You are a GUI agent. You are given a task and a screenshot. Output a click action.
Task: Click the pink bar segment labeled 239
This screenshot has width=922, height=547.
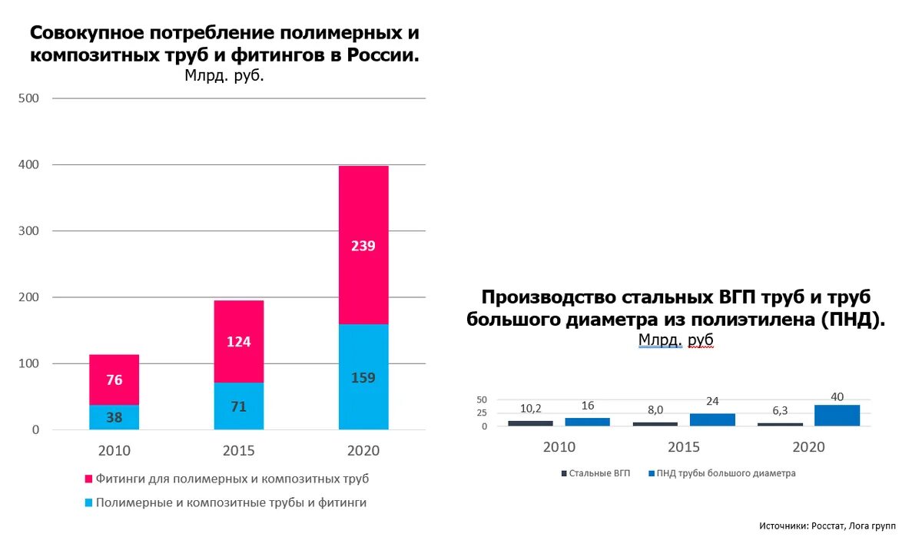point(363,245)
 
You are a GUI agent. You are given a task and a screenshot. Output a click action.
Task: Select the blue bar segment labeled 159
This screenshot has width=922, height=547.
point(363,377)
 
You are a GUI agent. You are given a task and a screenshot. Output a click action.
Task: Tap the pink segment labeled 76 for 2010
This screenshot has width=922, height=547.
point(114,380)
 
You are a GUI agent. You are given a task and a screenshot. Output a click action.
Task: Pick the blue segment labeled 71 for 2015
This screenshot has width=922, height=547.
point(238,406)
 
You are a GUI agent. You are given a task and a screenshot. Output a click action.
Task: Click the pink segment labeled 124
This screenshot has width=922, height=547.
point(238,341)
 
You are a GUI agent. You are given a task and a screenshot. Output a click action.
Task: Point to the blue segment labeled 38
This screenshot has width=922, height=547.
point(114,418)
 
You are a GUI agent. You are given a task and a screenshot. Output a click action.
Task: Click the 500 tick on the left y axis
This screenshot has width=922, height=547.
point(29,98)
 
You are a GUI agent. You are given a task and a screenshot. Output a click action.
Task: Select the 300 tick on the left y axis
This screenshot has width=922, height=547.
point(29,231)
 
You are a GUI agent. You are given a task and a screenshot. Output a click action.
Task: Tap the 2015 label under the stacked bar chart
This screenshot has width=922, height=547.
point(238,450)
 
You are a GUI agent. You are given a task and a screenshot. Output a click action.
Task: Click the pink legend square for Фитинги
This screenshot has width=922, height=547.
point(88,479)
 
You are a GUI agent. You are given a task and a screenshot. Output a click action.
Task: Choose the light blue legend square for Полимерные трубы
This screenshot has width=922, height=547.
point(88,502)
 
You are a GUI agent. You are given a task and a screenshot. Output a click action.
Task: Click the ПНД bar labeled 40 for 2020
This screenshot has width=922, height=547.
point(837,415)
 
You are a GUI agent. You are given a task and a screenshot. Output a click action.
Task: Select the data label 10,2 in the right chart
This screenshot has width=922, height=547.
point(530,408)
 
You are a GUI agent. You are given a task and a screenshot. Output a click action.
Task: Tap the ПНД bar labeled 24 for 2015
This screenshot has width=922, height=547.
point(712,419)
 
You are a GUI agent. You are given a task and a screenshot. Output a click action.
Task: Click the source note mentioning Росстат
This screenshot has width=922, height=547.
point(827,525)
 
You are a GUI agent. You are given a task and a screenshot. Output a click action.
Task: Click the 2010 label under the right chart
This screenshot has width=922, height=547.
point(559,446)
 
